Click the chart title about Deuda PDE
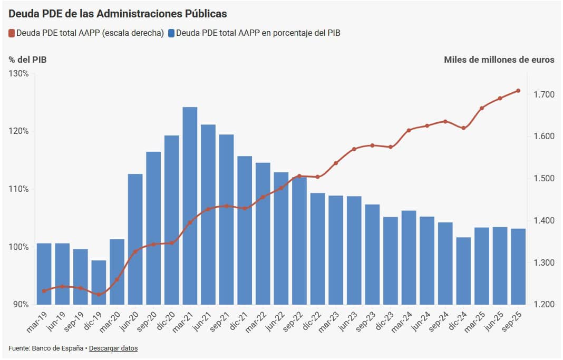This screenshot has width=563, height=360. point(118,12)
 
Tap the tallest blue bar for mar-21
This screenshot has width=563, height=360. point(190,206)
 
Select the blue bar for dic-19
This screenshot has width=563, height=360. point(99,282)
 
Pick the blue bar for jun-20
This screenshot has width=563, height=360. point(135,239)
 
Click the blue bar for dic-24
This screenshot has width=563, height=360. point(463,270)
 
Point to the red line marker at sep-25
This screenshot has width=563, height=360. point(518,91)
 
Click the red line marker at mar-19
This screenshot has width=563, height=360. point(44,291)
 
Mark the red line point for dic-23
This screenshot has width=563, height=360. point(391,147)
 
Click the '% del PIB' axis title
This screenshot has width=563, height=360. point(27,60)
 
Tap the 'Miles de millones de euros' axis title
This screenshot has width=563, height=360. point(499,60)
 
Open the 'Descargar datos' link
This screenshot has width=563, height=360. point(113,348)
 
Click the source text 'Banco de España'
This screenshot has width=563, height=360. point(58,348)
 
